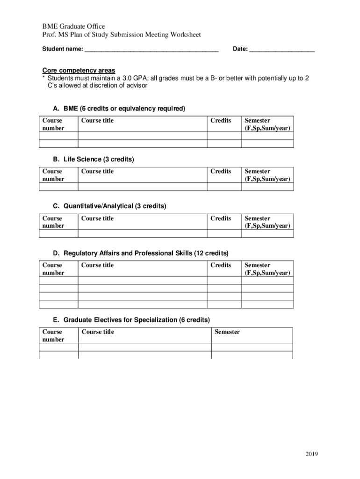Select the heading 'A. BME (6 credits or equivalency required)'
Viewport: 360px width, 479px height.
click(x=119, y=109)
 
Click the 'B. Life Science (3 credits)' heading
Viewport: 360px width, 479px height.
click(x=94, y=160)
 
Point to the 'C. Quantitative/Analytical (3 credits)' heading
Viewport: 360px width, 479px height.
click(x=109, y=206)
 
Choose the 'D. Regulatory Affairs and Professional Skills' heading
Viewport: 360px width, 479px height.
click(x=141, y=253)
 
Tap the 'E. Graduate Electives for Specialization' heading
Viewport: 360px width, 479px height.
click(x=131, y=320)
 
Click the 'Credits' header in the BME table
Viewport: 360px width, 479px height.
click(x=221, y=121)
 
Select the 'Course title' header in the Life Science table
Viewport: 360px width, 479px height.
click(x=97, y=171)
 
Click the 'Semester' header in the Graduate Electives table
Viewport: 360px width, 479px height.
click(x=227, y=332)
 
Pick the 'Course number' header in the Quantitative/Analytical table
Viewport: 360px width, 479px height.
click(x=53, y=222)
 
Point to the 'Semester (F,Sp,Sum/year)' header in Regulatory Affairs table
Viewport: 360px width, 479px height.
click(x=267, y=269)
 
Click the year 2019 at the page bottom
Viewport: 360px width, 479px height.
click(x=312, y=454)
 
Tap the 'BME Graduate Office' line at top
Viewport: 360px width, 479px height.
click(x=73, y=26)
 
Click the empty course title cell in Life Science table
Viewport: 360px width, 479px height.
click(x=143, y=187)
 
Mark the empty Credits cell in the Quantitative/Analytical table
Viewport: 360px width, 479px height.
click(x=224, y=234)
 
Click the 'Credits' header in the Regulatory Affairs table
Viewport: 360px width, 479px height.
click(x=221, y=265)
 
